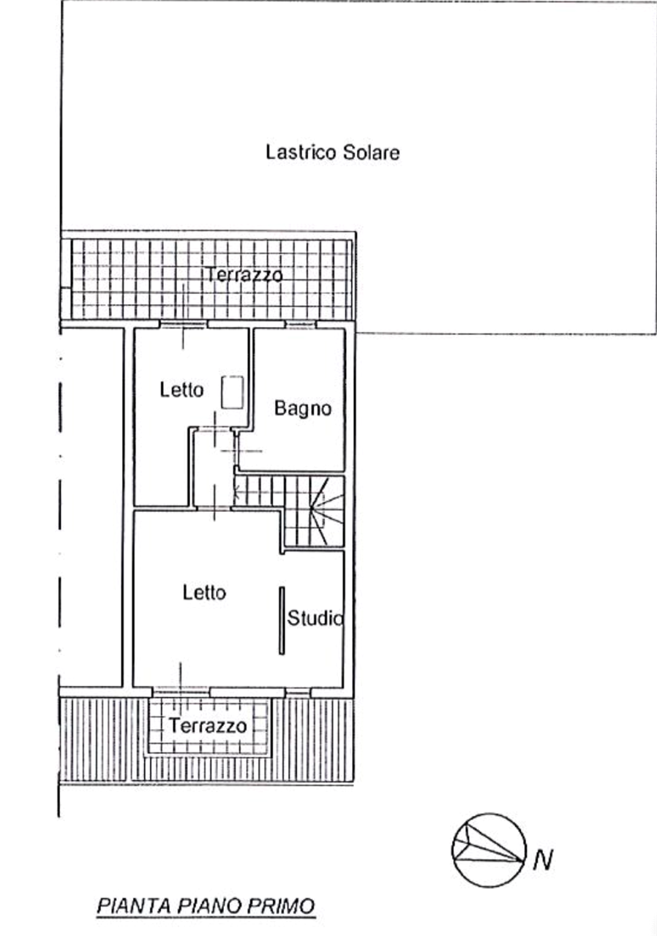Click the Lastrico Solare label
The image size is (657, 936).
click(333, 152)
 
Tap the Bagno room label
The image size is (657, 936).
click(303, 408)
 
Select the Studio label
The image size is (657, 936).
click(315, 618)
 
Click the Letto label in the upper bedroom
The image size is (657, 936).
click(181, 390)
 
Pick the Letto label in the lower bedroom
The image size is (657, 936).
click(204, 592)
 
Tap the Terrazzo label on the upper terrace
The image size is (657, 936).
click(245, 274)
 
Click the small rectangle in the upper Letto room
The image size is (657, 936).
click(233, 392)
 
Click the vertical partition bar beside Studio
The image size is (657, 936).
click(282, 621)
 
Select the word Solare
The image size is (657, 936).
click(371, 152)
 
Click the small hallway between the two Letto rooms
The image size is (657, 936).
click(213, 468)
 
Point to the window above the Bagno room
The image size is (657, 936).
click(301, 324)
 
